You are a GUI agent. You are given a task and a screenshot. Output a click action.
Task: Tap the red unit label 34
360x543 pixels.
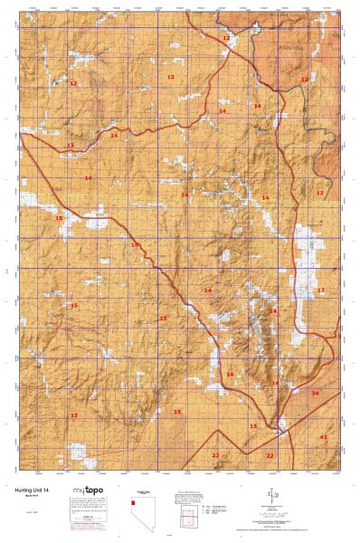pyautogui.click(x=315, y=394)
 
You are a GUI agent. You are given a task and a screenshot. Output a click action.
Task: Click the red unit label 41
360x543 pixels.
pyautogui.click(x=324, y=436)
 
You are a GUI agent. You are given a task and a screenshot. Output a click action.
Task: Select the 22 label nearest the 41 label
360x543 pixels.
pyautogui.click(x=270, y=455)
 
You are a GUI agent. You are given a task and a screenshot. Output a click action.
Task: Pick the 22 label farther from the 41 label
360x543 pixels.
pyautogui.click(x=215, y=455)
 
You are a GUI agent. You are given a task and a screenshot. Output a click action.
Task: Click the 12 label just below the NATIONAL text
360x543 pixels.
pyautogui.click(x=304, y=80)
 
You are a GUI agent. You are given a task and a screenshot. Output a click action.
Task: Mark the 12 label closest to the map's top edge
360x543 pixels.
pyautogui.click(x=226, y=38)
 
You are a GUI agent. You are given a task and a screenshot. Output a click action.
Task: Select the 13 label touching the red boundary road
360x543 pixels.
pyautogui.click(x=70, y=145)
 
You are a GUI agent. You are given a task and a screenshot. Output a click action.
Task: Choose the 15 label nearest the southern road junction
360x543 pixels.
pyautogui.click(x=253, y=425)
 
